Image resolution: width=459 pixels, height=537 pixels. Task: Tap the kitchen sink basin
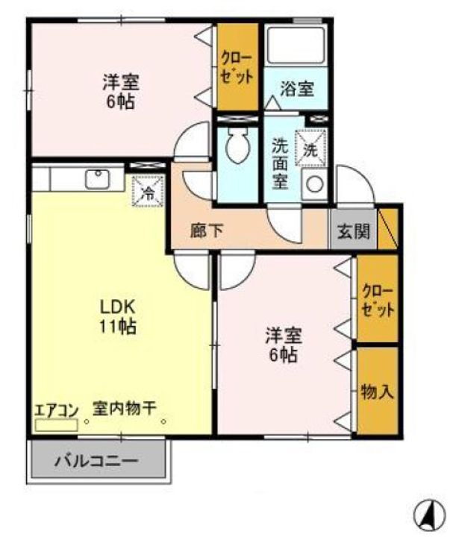click(x=98, y=179)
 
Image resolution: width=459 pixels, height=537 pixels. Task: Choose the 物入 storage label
click(x=376, y=391)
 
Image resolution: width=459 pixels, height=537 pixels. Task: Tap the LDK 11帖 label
click(x=118, y=315)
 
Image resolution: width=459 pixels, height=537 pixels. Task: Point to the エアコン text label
click(x=56, y=409)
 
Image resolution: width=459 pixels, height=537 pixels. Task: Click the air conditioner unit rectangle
click(x=56, y=425)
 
